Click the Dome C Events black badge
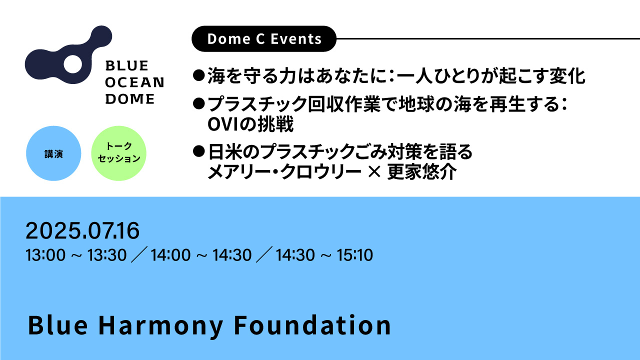(x=263, y=38)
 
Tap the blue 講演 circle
(x=53, y=153)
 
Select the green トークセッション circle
(x=119, y=153)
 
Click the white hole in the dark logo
(x=72, y=64)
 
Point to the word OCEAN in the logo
(x=134, y=82)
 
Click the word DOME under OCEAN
(x=130, y=99)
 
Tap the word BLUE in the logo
(x=127, y=65)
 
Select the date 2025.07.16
(x=82, y=230)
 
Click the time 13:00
(x=45, y=255)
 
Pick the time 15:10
(x=354, y=255)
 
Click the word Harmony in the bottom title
(x=160, y=325)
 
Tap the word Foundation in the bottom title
(x=312, y=325)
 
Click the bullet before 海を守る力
(x=199, y=75)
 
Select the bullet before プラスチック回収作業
(x=199, y=103)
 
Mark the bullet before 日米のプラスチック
(x=199, y=151)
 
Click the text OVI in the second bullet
(x=223, y=124)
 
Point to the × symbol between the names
(x=374, y=172)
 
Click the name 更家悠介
(x=421, y=172)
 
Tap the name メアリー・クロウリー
(x=284, y=172)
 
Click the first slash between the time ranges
(x=139, y=254)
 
